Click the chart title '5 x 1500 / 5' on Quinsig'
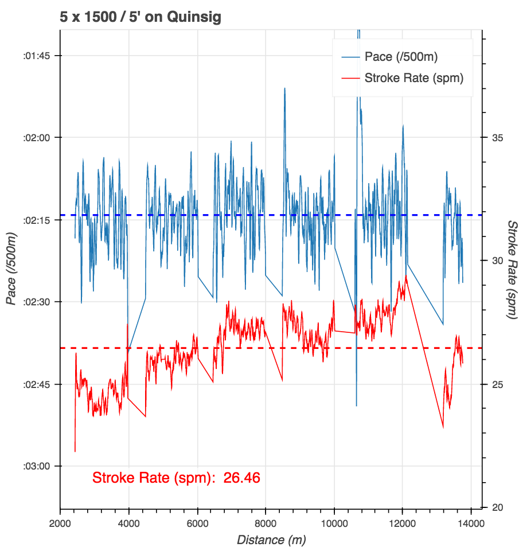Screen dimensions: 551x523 (x=140, y=17)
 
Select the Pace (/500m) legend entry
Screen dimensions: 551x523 (x=401, y=57)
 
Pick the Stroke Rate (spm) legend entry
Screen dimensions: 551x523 (x=413, y=78)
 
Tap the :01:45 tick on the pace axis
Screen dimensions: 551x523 (x=35, y=56)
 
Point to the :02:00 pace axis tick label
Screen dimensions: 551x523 (x=35, y=138)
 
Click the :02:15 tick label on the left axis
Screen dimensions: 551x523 (x=35, y=220)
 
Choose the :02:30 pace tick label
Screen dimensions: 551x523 (x=35, y=302)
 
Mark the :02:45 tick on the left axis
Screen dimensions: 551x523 (x=35, y=384)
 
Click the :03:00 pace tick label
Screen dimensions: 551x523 (x=35, y=466)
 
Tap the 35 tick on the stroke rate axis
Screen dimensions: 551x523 (x=494, y=138)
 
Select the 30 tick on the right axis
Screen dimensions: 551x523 (x=494, y=261)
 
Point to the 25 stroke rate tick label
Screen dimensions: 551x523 (x=494, y=384)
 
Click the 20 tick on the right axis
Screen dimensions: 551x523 (x=494, y=507)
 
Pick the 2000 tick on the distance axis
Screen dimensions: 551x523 (x=60, y=522)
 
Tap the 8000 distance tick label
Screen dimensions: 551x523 (x=266, y=522)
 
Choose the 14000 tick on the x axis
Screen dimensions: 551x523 (x=471, y=522)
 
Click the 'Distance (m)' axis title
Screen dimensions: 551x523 (x=271, y=540)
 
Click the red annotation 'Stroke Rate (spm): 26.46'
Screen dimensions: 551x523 (x=177, y=478)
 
